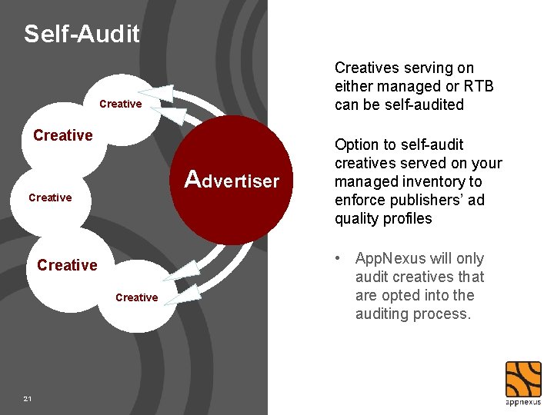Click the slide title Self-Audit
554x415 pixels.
pyautogui.click(x=82, y=34)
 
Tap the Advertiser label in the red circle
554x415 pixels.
pyautogui.click(x=232, y=181)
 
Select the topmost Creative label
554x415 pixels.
pyautogui.click(x=121, y=104)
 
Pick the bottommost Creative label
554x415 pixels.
pyautogui.click(x=136, y=297)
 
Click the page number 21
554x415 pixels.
pyautogui.click(x=28, y=399)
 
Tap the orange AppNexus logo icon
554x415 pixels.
pyautogui.click(x=522, y=378)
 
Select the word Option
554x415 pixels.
pyautogui.click(x=356, y=144)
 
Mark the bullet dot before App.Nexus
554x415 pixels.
pyautogui.click(x=339, y=259)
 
